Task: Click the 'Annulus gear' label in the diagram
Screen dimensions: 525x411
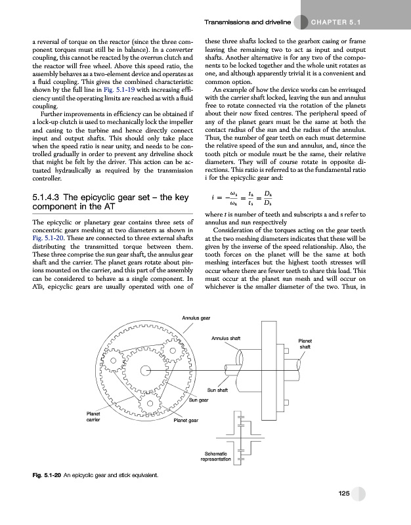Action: [196, 318]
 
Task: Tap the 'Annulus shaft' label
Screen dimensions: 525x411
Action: [226, 338]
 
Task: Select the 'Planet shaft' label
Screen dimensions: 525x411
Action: [305, 344]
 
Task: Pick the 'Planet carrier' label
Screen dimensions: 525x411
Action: [93, 417]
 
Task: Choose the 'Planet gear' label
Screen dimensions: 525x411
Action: [186, 420]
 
